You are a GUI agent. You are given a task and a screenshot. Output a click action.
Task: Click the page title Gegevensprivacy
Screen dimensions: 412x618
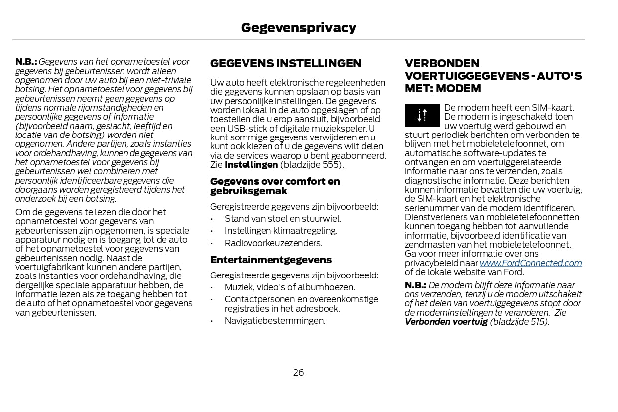pyautogui.click(x=298, y=28)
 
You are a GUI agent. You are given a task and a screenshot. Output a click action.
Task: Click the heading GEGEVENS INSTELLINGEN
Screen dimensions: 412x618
pyautogui.click(x=285, y=64)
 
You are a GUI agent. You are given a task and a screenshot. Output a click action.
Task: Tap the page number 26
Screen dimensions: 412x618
pyautogui.click(x=298, y=373)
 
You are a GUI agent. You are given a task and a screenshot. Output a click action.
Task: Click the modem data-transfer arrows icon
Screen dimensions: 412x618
pyautogui.click(x=422, y=115)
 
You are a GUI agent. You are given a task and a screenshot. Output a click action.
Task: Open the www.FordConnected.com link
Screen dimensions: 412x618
pyautogui.click(x=530, y=263)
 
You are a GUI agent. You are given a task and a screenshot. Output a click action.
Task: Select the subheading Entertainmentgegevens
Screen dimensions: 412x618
pyautogui.click(x=270, y=260)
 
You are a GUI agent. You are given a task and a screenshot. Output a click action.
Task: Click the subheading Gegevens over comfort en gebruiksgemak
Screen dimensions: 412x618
pyautogui.click(x=275, y=186)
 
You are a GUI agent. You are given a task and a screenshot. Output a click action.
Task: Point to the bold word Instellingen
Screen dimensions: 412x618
pyautogui.click(x=251, y=165)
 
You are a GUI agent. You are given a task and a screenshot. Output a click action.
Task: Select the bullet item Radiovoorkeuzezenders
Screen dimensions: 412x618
pyautogui.click(x=273, y=243)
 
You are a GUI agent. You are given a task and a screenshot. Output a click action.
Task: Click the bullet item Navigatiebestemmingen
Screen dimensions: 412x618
pyautogui.click(x=275, y=321)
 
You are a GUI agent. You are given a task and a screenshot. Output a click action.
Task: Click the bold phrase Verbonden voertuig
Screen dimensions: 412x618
pyautogui.click(x=446, y=322)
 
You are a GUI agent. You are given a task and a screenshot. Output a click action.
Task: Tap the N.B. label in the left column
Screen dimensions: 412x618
pyautogui.click(x=26, y=62)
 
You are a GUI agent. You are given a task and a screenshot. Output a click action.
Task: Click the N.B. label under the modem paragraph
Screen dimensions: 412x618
pyautogui.click(x=415, y=285)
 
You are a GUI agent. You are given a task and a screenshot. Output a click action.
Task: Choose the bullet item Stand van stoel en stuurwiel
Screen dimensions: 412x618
pyautogui.click(x=283, y=219)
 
